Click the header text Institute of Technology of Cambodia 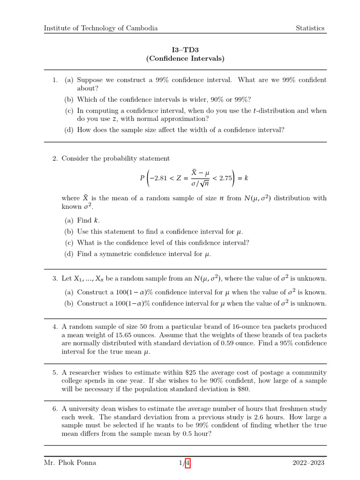click(x=101, y=28)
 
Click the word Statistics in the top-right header click(x=310, y=28)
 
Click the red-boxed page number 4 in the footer click(x=188, y=463)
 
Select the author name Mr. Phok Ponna click(x=70, y=463)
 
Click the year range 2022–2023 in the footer click(x=308, y=463)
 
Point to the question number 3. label click(x=55, y=279)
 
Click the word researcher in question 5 click(x=86, y=373)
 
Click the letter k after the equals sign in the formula click(x=246, y=178)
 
